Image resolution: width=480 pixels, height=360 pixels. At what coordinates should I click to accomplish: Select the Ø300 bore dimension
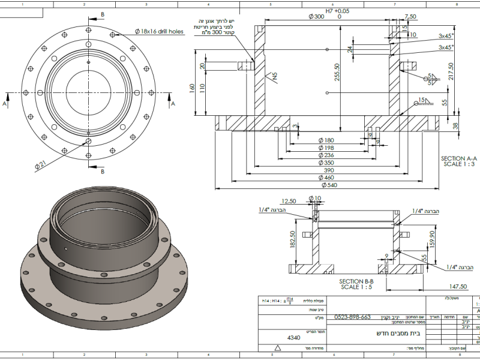(316, 17)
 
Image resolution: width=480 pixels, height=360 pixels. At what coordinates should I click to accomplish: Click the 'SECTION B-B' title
(356, 281)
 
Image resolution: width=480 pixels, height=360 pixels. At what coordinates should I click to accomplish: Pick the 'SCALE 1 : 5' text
(356, 287)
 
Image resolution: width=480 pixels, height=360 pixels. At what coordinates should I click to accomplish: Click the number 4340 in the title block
(293, 338)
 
